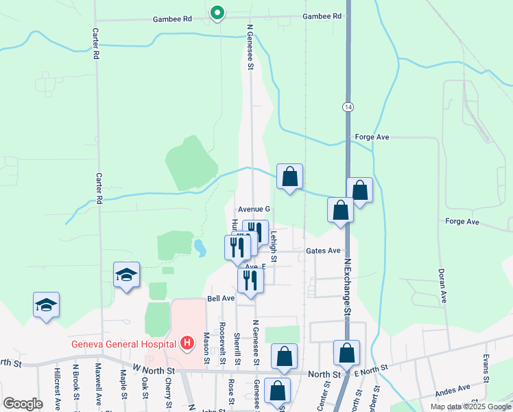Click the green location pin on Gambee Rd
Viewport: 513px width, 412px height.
(217, 13)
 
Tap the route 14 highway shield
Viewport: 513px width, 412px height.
(348, 106)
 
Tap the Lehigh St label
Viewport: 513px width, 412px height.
(273, 246)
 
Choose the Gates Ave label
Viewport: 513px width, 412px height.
(324, 251)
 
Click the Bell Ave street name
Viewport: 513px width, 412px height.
(222, 299)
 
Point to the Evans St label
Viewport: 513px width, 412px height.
(486, 369)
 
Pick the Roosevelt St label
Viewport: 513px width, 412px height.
(222, 344)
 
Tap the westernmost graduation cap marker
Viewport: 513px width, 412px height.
(46, 306)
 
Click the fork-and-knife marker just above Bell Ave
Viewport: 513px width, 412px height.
(250, 281)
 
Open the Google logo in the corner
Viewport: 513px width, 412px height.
(23, 404)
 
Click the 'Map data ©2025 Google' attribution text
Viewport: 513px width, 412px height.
(470, 407)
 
